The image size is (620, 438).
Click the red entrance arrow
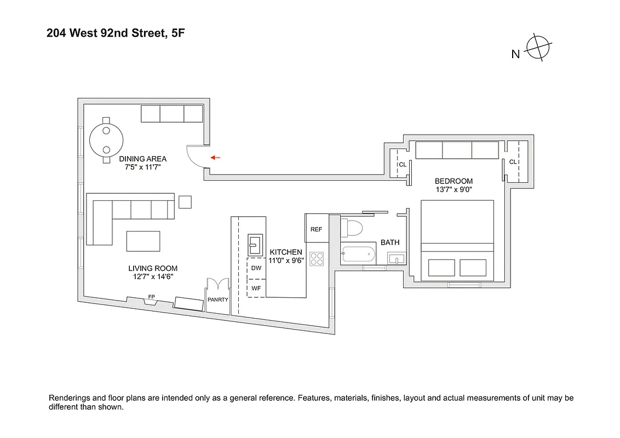coord(215,158)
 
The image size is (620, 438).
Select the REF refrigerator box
coord(317,229)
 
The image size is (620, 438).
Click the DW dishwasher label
coord(256,268)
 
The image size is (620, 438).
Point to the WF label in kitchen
coord(256,287)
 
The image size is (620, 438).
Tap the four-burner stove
coord(317,258)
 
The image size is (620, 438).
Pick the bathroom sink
coord(397,258)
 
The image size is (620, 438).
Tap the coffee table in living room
coord(143,240)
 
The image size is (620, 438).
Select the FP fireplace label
coord(151,297)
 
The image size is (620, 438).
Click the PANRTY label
coord(218,299)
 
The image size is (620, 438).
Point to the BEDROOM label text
coord(453,181)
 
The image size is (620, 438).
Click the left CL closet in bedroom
coord(401,164)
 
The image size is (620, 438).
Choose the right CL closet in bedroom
coord(513,162)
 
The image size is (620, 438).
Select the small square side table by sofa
coord(186,202)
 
